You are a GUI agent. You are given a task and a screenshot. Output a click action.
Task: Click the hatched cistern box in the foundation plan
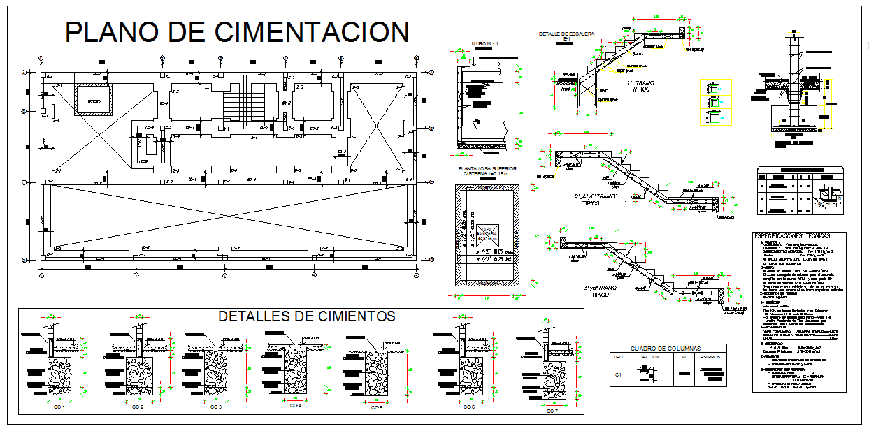94,100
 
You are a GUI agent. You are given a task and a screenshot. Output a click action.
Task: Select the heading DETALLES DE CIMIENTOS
307,316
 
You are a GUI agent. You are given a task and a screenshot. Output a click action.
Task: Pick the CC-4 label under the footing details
295,405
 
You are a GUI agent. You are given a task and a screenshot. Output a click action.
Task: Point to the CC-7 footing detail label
552,411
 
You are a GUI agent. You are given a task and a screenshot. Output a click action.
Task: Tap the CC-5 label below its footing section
376,407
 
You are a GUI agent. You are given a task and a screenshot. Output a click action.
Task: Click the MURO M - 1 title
484,44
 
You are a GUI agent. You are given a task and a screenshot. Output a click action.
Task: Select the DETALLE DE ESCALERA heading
566,34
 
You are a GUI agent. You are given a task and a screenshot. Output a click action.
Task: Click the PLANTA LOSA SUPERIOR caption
487,169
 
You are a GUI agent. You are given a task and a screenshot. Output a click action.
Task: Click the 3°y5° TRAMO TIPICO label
601,290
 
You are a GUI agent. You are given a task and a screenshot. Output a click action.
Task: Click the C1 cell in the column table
617,374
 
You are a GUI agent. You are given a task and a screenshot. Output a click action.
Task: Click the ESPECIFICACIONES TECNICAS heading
798,237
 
